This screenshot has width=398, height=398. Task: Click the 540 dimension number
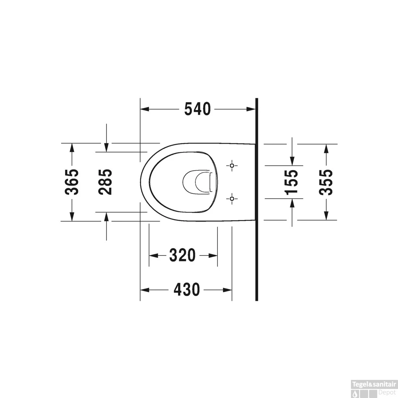point(198,109)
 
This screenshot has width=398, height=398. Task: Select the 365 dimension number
point(72,182)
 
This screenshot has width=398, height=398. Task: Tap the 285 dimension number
point(105,182)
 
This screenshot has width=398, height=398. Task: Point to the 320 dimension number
point(182,255)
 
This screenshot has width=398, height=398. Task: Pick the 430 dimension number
point(187,289)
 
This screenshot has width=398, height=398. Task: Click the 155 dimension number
point(291,182)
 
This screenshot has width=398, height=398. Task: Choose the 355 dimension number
point(326,182)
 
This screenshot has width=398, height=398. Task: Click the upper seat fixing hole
point(232,166)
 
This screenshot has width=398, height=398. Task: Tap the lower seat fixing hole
point(232,199)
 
